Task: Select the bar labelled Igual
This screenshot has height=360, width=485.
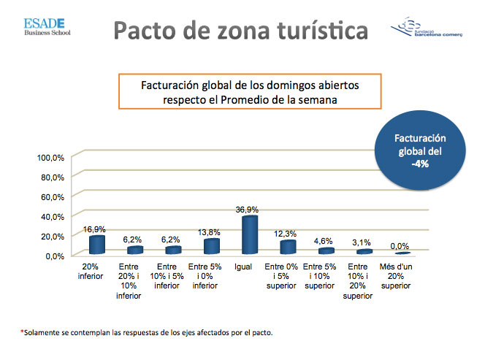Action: point(250,235)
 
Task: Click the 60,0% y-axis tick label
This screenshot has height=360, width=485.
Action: point(53,197)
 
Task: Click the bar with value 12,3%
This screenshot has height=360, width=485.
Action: point(288,247)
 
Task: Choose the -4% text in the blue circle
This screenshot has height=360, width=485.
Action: point(419,164)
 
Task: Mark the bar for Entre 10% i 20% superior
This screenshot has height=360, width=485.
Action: point(363,251)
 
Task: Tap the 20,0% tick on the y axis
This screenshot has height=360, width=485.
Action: point(53,237)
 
